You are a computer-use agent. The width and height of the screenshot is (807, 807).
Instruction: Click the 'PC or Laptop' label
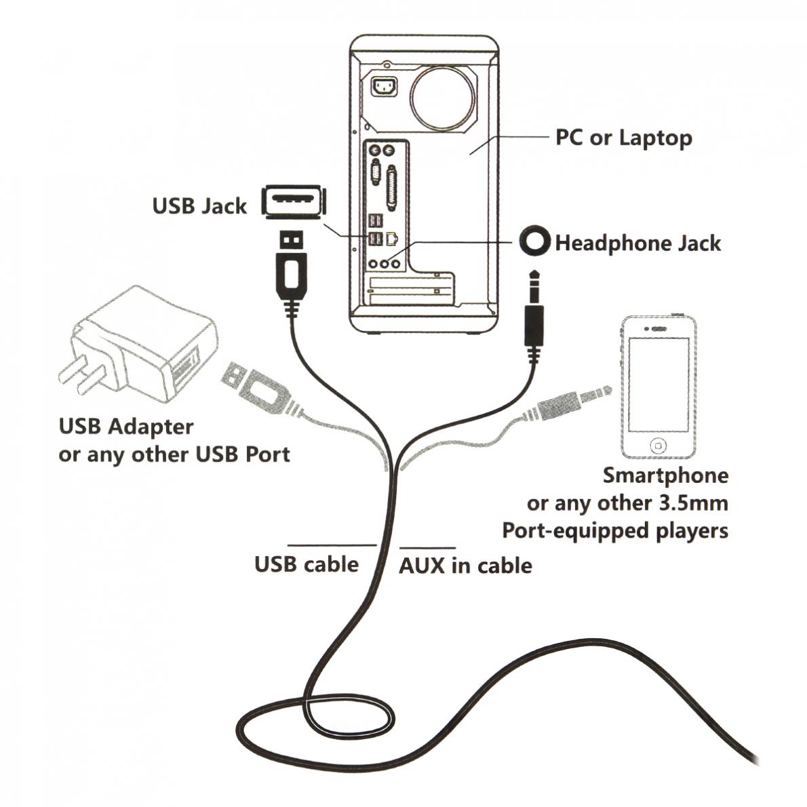pyautogui.click(x=624, y=138)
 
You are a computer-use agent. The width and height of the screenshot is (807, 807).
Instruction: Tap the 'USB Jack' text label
pyautogui.click(x=199, y=205)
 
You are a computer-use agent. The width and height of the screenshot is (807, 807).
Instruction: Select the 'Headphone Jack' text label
pyautogui.click(x=637, y=243)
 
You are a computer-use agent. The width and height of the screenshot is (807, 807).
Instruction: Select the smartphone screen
pyautogui.click(x=658, y=384)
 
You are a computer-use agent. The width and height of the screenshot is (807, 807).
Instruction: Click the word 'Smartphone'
pyautogui.click(x=665, y=475)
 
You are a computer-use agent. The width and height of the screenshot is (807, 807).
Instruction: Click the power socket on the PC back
pyautogui.click(x=385, y=87)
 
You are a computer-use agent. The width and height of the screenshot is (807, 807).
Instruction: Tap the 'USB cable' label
pyautogui.click(x=307, y=564)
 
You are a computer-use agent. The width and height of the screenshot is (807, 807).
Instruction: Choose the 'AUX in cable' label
pyautogui.click(x=465, y=566)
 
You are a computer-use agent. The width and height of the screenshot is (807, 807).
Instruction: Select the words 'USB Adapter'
pyautogui.click(x=126, y=427)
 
